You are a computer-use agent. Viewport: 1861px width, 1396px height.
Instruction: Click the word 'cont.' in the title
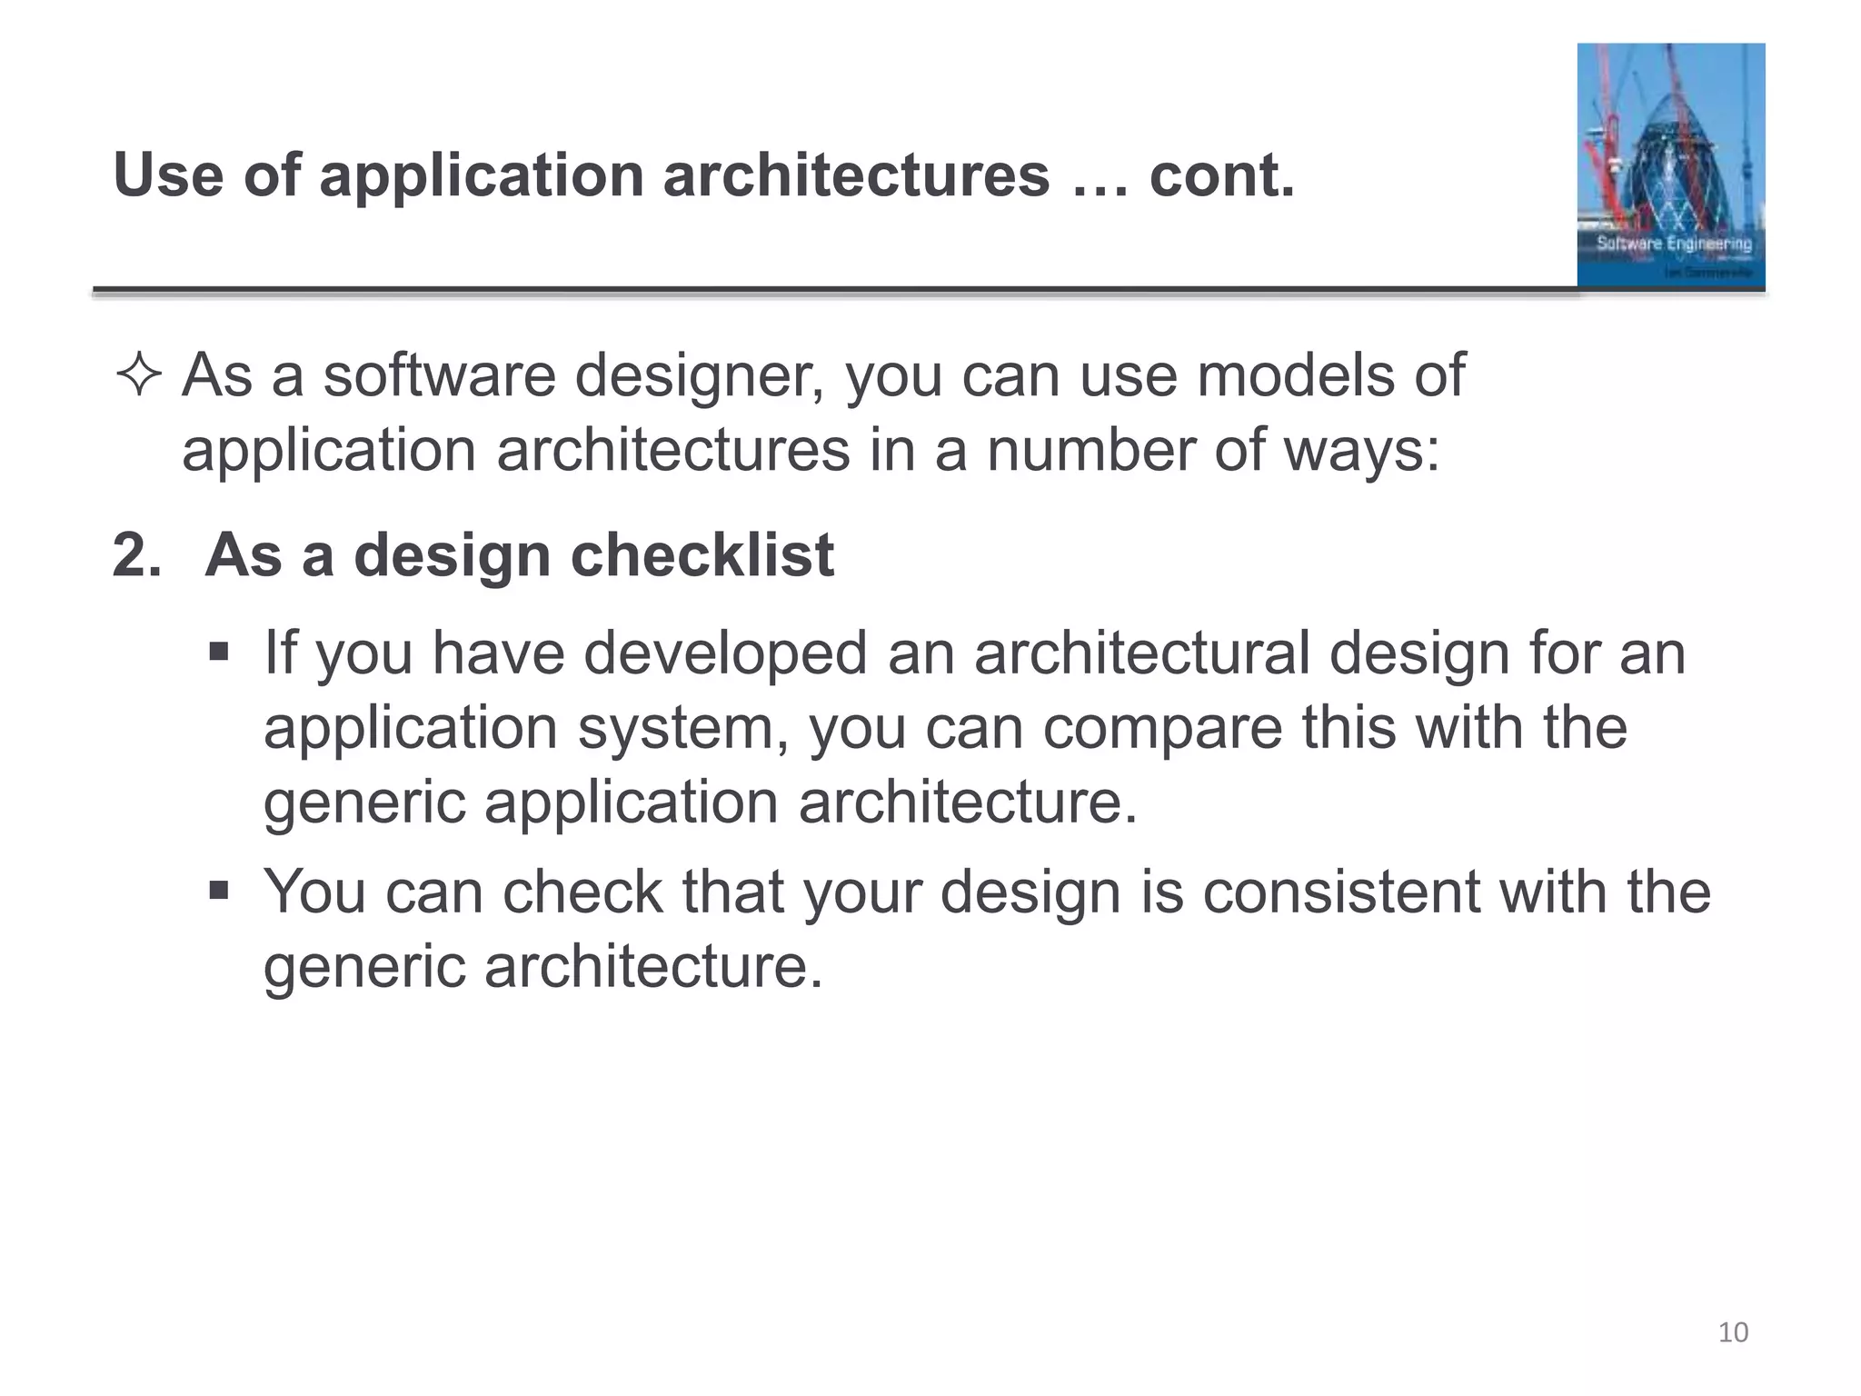point(1221,174)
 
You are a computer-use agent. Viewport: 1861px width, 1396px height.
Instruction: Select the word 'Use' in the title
point(168,174)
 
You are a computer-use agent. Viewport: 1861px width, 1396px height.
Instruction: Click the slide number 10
point(1733,1332)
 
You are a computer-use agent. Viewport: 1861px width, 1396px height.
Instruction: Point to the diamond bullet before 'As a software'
point(139,375)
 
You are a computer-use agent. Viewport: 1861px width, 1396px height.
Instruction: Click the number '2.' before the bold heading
point(137,554)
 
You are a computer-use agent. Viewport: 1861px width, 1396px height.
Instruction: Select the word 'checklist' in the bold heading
point(702,554)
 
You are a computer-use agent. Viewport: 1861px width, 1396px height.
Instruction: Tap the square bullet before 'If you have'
point(219,652)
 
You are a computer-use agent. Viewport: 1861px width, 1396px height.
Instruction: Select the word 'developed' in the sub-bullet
point(725,653)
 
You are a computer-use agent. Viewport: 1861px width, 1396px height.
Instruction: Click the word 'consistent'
point(1341,892)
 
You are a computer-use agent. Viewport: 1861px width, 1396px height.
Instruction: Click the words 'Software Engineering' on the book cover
point(1674,244)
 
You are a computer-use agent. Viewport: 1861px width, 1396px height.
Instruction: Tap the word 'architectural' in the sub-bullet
point(1141,653)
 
